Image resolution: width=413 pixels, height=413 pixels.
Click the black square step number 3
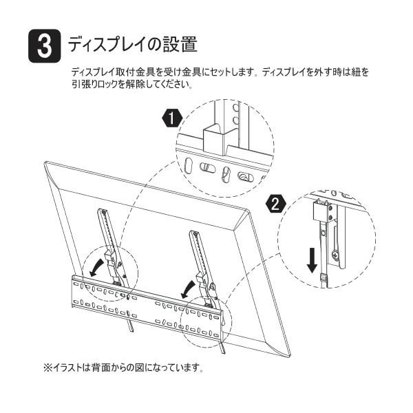click(45, 46)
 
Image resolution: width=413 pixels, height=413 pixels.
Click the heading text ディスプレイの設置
click(132, 44)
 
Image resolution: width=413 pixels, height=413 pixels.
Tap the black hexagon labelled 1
click(171, 118)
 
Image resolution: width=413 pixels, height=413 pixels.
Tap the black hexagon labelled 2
click(276, 204)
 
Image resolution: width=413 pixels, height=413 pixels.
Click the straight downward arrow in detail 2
click(312, 260)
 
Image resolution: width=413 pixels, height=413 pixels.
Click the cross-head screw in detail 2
click(335, 255)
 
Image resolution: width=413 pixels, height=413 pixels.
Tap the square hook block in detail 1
click(213, 140)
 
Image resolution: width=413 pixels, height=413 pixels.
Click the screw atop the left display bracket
click(105, 212)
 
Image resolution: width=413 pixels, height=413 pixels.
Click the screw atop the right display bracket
click(195, 233)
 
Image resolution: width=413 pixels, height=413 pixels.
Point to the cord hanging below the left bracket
click(131, 325)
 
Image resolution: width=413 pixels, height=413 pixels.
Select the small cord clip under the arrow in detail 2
click(324, 277)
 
